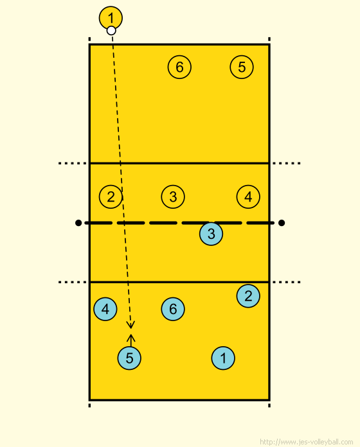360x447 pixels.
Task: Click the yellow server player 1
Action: coord(111,18)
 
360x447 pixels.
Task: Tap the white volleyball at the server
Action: coord(111,30)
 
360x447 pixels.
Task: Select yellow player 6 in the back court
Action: coord(179,67)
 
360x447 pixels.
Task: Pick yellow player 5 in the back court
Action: coord(242,67)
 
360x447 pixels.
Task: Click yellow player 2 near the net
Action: coord(111,197)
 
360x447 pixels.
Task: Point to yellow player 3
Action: coord(173,197)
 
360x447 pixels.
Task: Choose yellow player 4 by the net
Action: coord(248,197)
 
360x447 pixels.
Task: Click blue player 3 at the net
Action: coord(211,234)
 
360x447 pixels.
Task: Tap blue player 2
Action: coord(248,296)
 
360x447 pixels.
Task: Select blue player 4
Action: coord(105,309)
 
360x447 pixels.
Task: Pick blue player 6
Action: coord(173,309)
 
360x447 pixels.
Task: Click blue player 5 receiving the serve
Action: coord(129,358)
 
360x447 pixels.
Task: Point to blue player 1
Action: coord(223,358)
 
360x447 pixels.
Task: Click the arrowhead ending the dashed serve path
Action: coord(130,327)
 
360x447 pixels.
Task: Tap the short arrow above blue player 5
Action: coord(131,340)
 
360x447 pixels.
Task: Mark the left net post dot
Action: coord(78,223)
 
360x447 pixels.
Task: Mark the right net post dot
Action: coord(282,223)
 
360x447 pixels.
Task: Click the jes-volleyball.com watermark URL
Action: coord(307,442)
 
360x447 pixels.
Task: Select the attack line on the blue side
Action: coord(179,282)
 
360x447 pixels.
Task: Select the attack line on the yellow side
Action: coord(179,163)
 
